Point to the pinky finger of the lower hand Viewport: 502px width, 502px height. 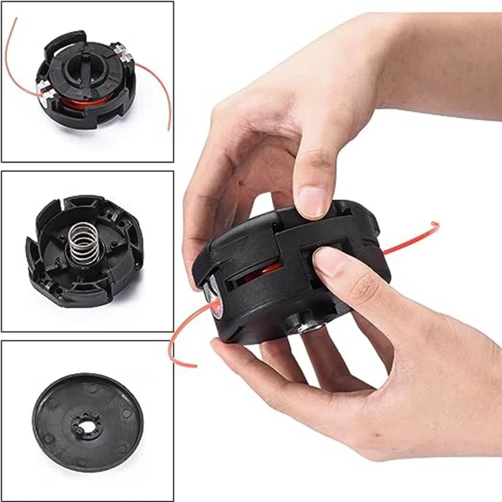(x=261, y=371)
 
